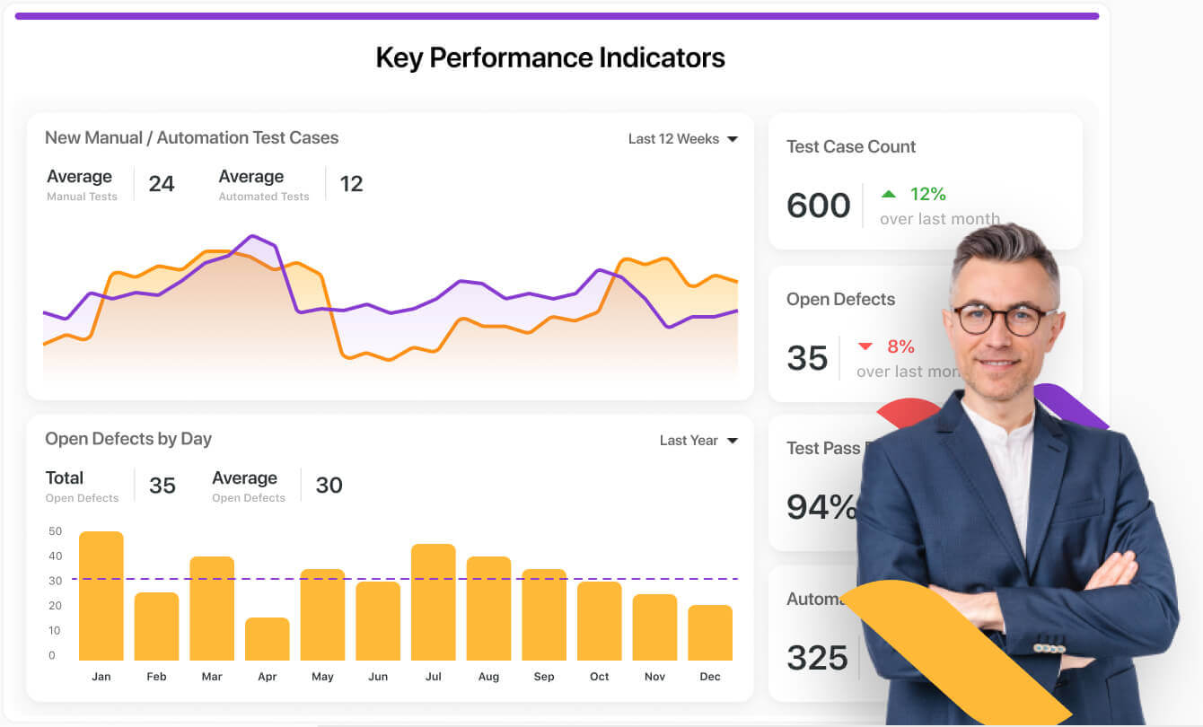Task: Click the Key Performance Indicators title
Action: (549, 57)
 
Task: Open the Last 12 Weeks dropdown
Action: (682, 139)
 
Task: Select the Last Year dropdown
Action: (698, 441)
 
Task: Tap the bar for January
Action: (101, 596)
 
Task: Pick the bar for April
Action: (268, 639)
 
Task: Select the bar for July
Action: (434, 602)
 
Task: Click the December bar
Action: (710, 633)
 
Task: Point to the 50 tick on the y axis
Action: (56, 531)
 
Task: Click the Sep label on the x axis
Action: (544, 677)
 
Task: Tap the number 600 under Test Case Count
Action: (818, 206)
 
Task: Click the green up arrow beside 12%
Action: (889, 194)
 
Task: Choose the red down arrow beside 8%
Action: (865, 346)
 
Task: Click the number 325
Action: (817, 658)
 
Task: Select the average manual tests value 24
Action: (162, 184)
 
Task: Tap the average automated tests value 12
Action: (351, 184)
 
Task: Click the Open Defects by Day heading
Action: (128, 439)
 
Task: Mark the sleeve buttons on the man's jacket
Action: (1049, 648)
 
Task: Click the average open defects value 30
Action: (329, 486)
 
